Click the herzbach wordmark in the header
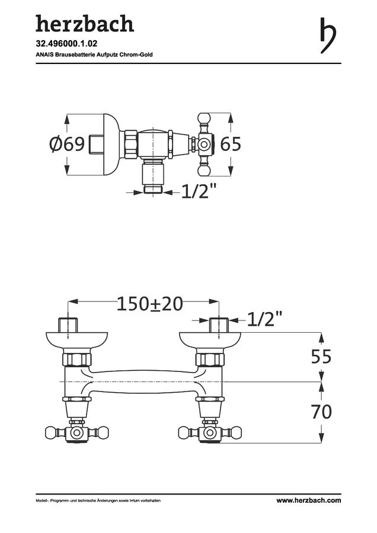(85, 24)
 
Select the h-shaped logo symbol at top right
(328, 36)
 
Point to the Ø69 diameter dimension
(67, 144)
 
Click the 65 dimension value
(231, 144)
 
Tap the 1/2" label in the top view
(199, 191)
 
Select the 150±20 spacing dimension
(150, 304)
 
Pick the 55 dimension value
(321, 357)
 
